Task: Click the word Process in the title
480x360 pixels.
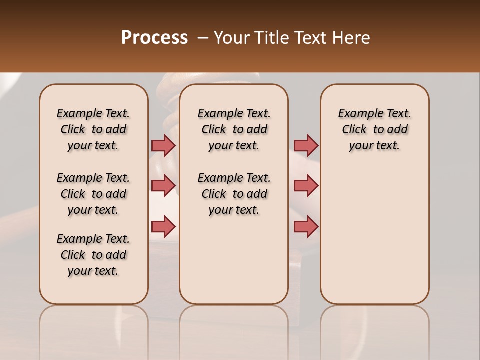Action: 154,38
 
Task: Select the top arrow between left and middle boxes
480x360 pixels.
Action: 163,145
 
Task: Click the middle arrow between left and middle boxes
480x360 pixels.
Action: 163,186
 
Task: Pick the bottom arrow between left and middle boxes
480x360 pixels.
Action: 163,227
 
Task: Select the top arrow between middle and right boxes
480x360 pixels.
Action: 306,145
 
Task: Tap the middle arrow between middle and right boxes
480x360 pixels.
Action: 306,186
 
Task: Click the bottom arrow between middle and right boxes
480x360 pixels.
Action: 306,227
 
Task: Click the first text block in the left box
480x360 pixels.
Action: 93,129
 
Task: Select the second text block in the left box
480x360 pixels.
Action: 93,194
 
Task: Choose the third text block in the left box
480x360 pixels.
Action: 93,255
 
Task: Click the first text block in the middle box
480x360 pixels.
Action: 234,129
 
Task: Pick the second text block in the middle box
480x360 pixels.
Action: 234,194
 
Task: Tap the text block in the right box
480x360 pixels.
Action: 374,129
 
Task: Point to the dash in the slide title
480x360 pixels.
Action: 203,38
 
